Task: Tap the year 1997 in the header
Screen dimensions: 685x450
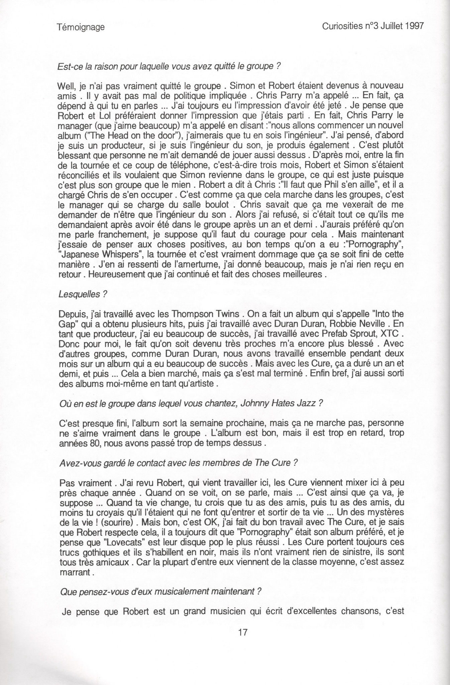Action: point(411,26)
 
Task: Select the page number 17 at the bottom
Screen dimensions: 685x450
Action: point(242,632)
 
